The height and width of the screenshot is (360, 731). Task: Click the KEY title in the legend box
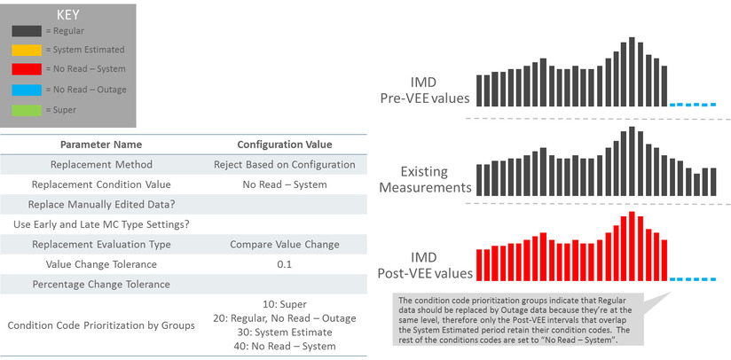[x=67, y=15]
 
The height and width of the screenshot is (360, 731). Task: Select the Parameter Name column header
[x=100, y=145]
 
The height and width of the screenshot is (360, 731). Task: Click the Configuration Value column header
[x=284, y=145]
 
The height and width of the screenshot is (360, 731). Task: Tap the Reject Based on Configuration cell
[x=284, y=165]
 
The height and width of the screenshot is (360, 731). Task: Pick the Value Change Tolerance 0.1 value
[x=284, y=264]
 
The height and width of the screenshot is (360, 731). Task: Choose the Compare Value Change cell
[x=284, y=244]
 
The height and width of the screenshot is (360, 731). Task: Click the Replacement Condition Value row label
[x=100, y=184]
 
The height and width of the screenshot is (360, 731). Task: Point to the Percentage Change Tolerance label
[x=100, y=285]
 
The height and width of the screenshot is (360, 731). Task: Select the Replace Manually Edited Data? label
[x=100, y=205]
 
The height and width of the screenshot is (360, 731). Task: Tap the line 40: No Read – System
[x=284, y=346]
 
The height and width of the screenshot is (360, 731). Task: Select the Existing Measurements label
[x=425, y=179]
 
